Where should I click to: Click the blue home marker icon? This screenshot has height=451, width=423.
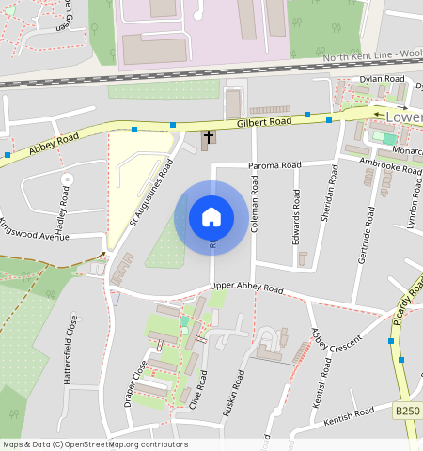click(211, 217)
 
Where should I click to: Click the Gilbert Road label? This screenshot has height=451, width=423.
click(265, 122)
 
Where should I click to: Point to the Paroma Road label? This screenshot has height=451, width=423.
click(274, 165)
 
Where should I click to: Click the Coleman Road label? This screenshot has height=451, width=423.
click(254, 209)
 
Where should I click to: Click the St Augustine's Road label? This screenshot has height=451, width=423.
click(152, 193)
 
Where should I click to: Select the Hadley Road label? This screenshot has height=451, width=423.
click(63, 208)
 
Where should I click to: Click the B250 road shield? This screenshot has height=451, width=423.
click(406, 412)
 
